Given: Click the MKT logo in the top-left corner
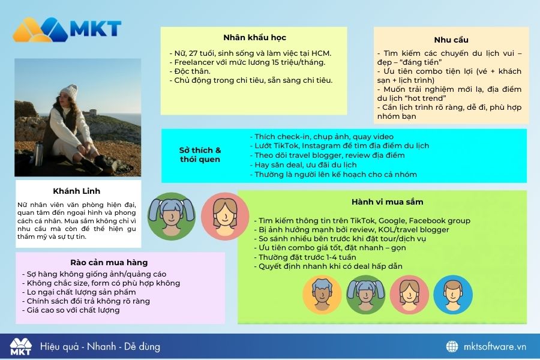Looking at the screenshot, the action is point(67,29).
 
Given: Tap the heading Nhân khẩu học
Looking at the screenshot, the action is point(254,38).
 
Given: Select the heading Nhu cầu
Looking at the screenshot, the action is point(451,40).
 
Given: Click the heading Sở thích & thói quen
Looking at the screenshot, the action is point(200,155).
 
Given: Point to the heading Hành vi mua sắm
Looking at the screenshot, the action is point(387,202).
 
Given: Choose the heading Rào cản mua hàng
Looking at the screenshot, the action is point(109,263).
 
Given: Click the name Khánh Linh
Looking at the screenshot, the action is point(76,191).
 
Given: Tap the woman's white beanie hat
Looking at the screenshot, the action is point(69,92).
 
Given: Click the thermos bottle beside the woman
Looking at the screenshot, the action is point(39,154).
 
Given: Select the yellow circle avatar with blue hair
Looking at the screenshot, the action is point(322,295).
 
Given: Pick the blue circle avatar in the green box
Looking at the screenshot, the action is point(453,295).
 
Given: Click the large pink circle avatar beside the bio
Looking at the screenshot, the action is point(225,217).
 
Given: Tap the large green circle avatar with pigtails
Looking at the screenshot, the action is point(172,217).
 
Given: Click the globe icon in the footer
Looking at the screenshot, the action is point(452,347).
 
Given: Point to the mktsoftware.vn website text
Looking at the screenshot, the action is point(495,347).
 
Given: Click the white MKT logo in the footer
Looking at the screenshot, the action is point(20,347).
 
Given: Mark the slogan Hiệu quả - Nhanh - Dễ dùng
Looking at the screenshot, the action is point(100,347).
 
